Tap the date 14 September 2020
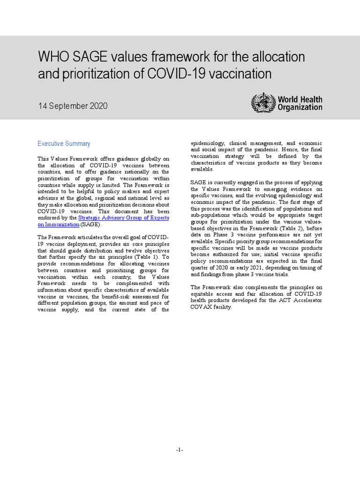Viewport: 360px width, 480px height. [73, 106]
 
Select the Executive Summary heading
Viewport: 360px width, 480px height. [64, 144]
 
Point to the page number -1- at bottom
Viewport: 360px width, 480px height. [180, 450]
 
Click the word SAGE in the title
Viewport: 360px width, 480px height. [89, 57]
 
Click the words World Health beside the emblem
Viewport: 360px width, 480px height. [300, 99]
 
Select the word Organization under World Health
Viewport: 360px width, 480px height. [300, 107]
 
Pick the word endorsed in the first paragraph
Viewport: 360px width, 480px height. [50, 218]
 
